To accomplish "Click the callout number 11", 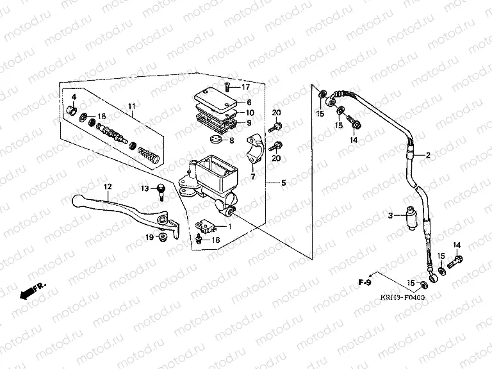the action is (x=131, y=106).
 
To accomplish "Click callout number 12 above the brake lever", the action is (x=108, y=186).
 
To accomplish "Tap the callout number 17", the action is (x=245, y=86).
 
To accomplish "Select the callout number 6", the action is (x=249, y=102).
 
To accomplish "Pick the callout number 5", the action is (x=284, y=183).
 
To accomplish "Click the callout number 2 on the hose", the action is (x=429, y=155).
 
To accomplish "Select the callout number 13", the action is (x=145, y=188).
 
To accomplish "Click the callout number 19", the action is (x=149, y=238).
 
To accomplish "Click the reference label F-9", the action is (x=365, y=281).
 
